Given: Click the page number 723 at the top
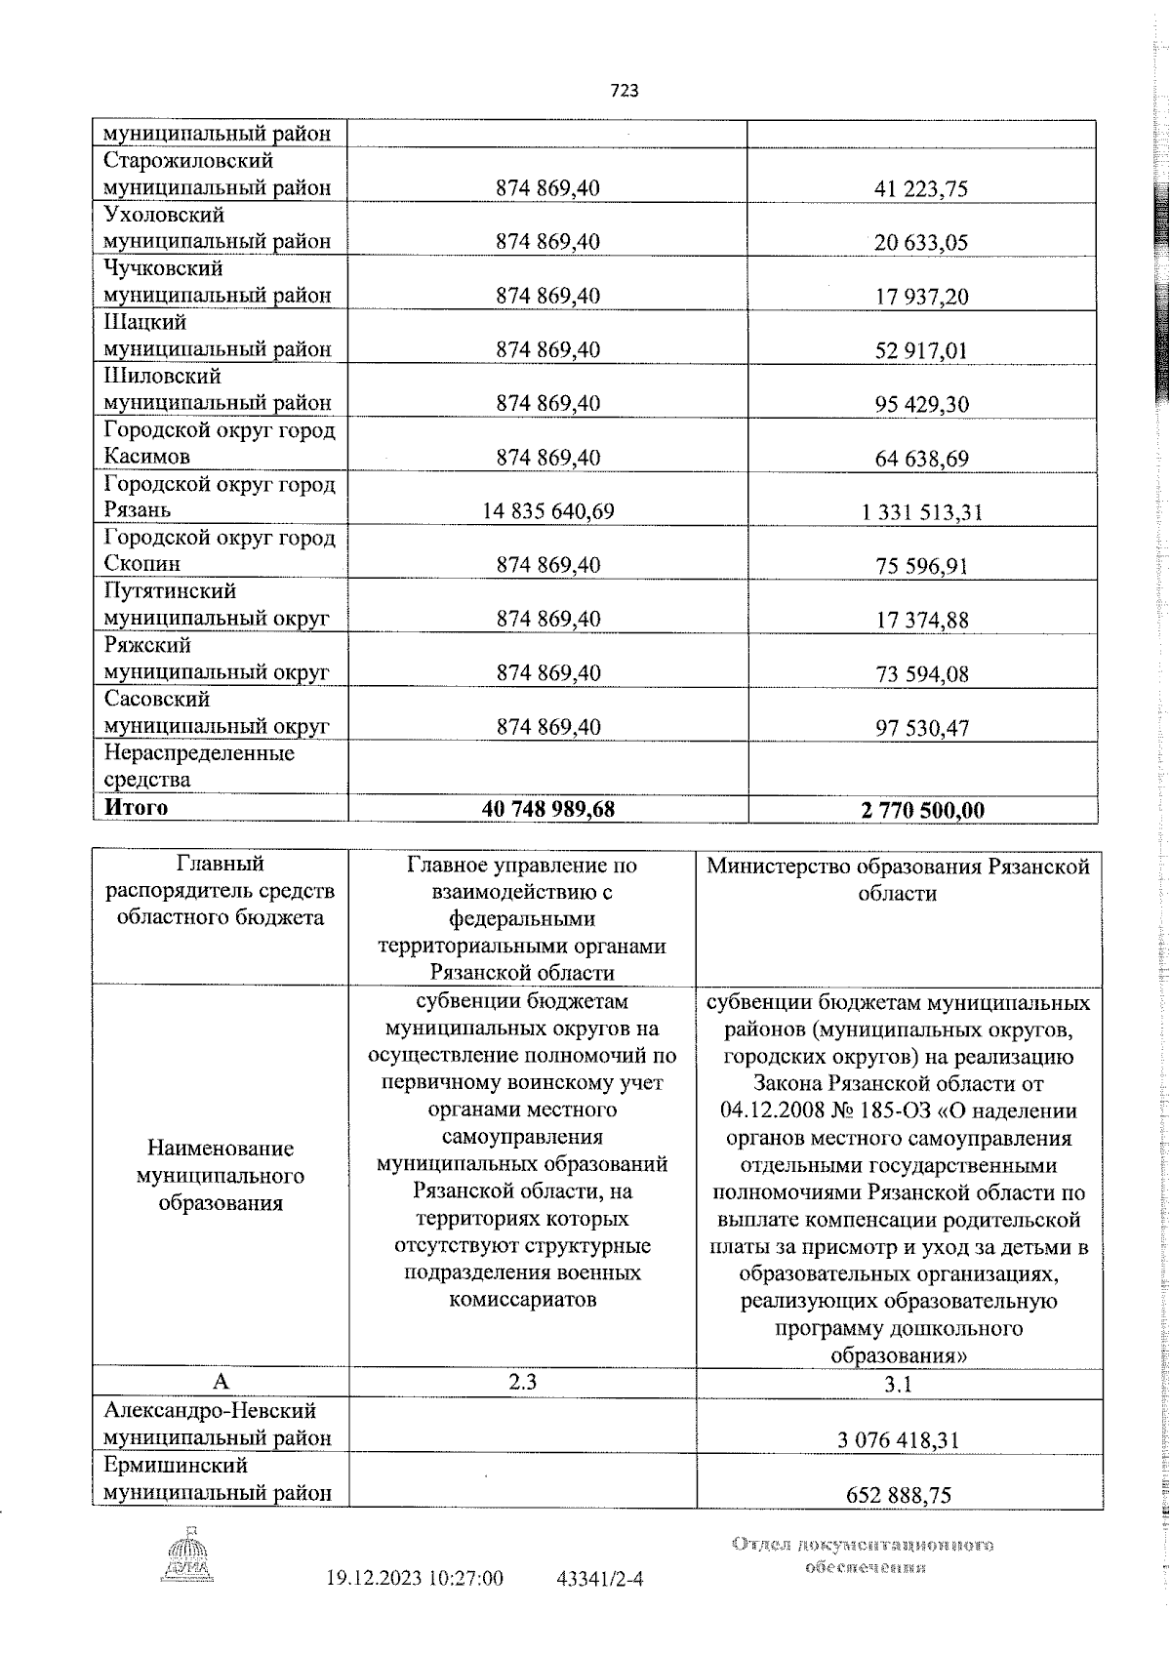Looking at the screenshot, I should (x=625, y=91).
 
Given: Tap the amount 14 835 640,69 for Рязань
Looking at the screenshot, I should (x=547, y=510).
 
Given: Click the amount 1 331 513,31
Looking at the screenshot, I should (x=921, y=511).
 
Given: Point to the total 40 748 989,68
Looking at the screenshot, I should (x=547, y=809).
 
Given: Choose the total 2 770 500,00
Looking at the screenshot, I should (x=922, y=810).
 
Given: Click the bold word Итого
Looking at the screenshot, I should (x=137, y=807).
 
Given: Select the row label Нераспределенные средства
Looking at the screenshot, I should (x=198, y=766).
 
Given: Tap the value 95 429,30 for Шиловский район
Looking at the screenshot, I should (x=921, y=404).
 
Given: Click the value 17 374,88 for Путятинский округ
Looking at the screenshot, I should (x=921, y=620).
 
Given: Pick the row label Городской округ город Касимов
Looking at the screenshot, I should (x=219, y=443).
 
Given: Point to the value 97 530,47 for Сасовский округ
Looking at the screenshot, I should (x=921, y=728).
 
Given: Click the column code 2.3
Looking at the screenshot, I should (x=523, y=1381).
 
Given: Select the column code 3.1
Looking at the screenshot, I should (x=897, y=1383).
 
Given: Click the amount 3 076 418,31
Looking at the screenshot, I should (x=897, y=1439).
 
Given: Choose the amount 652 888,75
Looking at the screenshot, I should (x=899, y=1495).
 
